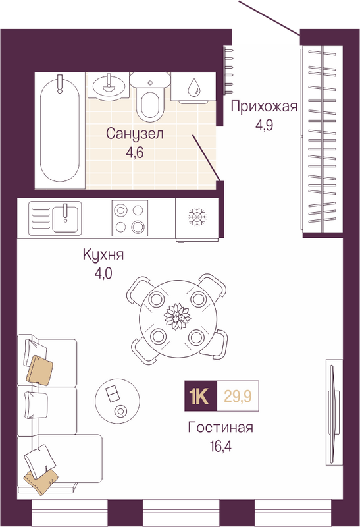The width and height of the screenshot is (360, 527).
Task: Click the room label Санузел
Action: [x=135, y=134]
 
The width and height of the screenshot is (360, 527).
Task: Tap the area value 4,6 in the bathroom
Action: [x=135, y=153]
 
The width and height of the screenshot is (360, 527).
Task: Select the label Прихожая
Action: [x=265, y=107]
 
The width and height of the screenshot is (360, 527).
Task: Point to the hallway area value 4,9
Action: [x=265, y=125]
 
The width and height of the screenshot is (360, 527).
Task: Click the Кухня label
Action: [x=103, y=255]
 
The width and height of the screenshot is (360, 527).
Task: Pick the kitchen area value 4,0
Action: [x=103, y=274]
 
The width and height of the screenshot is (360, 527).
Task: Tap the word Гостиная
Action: [x=220, y=428]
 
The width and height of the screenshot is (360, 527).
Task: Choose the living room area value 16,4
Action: [x=220, y=447]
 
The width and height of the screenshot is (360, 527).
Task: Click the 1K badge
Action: [x=201, y=396]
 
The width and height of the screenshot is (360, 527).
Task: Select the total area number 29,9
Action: [x=238, y=397]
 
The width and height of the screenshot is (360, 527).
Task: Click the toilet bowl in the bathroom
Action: [x=150, y=97]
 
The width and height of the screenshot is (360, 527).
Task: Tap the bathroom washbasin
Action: [x=108, y=86]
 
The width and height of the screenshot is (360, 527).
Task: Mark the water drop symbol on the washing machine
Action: [x=194, y=87]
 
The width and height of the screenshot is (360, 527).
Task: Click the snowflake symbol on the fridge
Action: [x=197, y=217]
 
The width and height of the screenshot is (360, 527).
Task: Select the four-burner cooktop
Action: [x=130, y=219]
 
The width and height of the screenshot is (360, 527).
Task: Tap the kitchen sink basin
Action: [x=65, y=219]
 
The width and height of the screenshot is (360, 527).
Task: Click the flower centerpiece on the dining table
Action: [x=177, y=317]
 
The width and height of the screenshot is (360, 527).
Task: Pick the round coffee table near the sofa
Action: [x=118, y=401]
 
